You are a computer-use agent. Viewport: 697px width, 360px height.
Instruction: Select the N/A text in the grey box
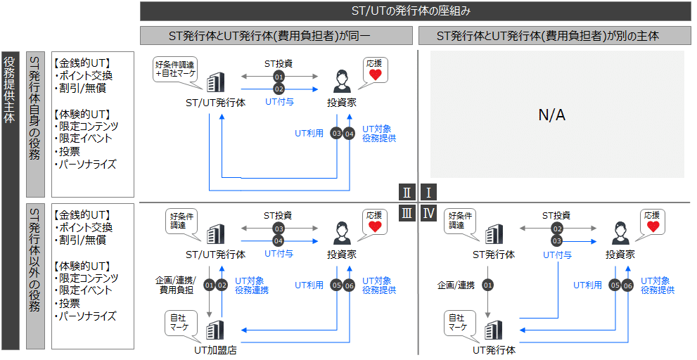(551, 115)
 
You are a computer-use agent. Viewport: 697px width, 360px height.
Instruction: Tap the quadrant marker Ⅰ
(428, 193)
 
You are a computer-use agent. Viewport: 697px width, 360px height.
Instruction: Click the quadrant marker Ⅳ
(428, 213)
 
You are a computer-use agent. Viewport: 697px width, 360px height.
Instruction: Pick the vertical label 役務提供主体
(10, 89)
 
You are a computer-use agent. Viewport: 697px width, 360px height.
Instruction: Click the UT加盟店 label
(215, 349)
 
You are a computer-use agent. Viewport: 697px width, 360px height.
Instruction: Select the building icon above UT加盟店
(215, 329)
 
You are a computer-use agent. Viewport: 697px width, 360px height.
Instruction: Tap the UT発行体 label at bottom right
(494, 349)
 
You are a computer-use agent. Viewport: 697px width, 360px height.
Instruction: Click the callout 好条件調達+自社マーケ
(175, 70)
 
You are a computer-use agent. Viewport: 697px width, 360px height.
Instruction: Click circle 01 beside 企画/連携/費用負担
(208, 285)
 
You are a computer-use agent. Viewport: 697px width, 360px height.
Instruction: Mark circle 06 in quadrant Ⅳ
(627, 285)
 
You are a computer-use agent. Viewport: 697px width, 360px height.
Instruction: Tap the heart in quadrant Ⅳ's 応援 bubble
(653, 226)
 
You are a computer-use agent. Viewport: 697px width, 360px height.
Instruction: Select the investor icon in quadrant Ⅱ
(341, 81)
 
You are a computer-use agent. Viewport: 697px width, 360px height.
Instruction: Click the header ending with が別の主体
(548, 35)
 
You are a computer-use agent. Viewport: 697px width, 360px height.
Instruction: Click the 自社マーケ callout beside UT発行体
(457, 323)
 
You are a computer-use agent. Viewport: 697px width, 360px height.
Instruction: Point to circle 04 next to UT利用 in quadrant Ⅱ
(349, 134)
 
